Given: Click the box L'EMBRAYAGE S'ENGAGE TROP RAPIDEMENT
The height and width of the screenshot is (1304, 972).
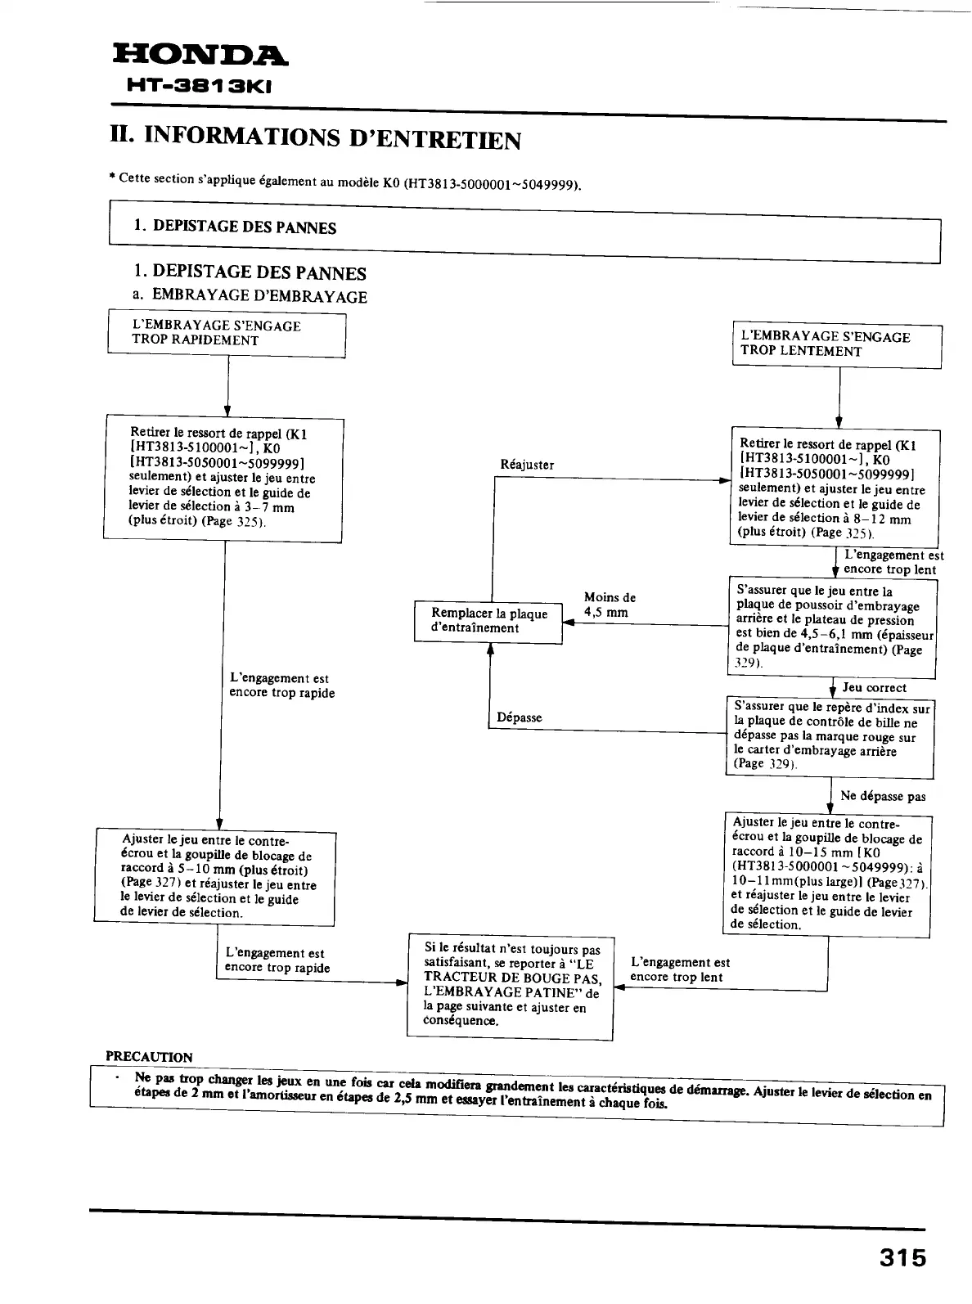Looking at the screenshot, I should (x=227, y=334).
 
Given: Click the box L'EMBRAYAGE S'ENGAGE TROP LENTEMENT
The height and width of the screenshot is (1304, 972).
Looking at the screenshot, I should (x=836, y=344).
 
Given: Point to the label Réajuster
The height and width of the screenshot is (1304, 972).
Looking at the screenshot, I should (x=527, y=465).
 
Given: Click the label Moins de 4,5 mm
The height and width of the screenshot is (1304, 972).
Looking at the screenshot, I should (x=609, y=605).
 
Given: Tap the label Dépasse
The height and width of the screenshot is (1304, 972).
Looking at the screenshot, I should (x=520, y=717).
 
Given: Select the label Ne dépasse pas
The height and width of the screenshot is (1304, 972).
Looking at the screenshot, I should (x=883, y=796).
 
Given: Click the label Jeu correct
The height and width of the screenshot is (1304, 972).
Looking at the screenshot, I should (x=875, y=688).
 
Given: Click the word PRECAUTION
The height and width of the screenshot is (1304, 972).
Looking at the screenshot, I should (x=149, y=1057).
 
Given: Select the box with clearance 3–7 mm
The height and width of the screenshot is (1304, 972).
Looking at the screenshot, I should (x=223, y=479).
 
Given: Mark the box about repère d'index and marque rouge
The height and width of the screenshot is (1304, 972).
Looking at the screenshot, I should (x=830, y=736).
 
